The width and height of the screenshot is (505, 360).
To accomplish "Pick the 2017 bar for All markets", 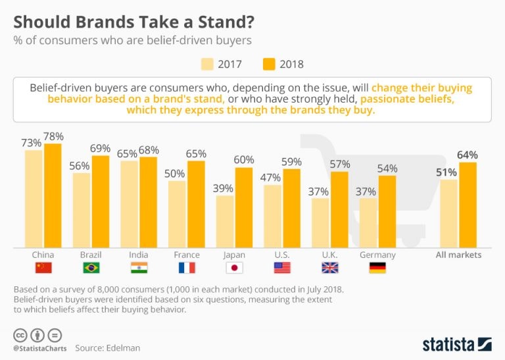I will tap(449, 213).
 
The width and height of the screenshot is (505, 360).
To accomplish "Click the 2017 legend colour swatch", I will tap(208, 64).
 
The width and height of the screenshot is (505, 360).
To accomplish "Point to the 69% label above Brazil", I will tap(101, 148).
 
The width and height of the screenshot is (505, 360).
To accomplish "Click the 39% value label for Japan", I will tap(225, 188).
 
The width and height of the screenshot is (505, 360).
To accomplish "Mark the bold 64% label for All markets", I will tap(468, 155).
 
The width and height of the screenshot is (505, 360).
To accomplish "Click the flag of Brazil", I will tap(91, 268).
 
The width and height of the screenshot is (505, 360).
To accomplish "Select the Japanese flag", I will tap(234, 268).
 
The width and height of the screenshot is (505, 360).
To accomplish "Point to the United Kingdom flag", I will tap(330, 268).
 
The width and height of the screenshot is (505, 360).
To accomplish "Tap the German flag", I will tap(377, 268).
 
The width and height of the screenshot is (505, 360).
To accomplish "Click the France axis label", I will tap(186, 255).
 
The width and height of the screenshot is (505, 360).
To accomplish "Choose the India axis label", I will tap(139, 255).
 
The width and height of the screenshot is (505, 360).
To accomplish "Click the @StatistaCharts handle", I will tap(38, 347).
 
